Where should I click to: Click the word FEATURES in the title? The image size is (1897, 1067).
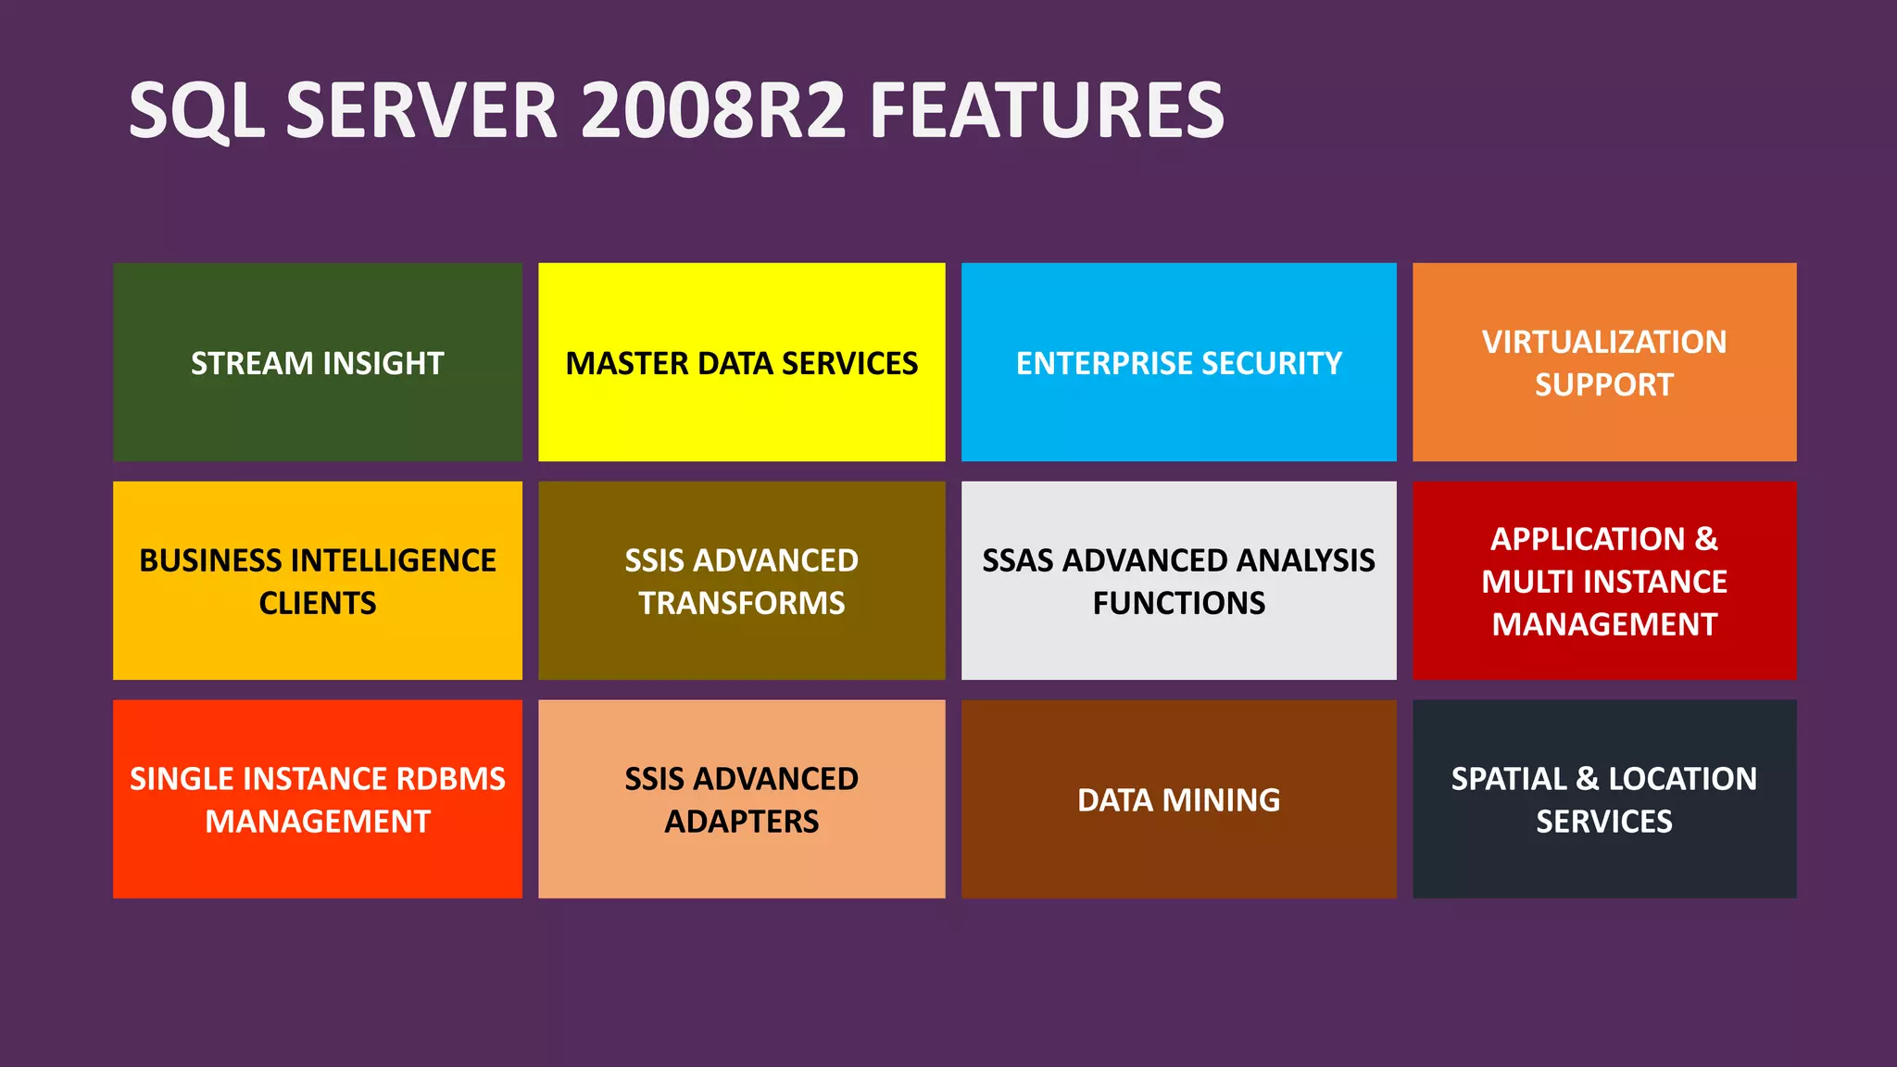[x=1047, y=110]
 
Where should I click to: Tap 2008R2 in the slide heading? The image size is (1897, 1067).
[x=713, y=110]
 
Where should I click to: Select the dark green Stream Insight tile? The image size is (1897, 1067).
[x=317, y=362]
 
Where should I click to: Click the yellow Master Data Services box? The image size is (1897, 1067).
[x=741, y=362]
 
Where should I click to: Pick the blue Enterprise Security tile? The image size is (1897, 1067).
[x=1178, y=362]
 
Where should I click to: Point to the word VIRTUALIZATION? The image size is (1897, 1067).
[x=1603, y=342]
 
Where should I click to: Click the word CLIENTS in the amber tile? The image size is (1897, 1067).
[x=317, y=603]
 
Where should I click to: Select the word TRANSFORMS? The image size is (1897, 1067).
[x=741, y=603]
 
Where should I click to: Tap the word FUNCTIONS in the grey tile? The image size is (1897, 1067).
[x=1178, y=603]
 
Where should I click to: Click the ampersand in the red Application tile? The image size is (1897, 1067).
[x=1706, y=539]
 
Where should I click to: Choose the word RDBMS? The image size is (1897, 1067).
[x=450, y=779]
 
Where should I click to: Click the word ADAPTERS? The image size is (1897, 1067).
[x=741, y=822]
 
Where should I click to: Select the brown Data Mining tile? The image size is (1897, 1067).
[x=1178, y=799]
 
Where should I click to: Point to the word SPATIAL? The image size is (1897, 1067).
[x=1508, y=779]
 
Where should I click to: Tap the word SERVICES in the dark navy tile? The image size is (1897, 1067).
[x=1603, y=822]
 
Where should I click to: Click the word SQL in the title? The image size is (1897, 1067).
[x=196, y=110]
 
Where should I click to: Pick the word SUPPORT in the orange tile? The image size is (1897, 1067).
[x=1603, y=384]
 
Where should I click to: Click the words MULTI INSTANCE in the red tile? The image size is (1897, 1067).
[x=1603, y=582]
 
